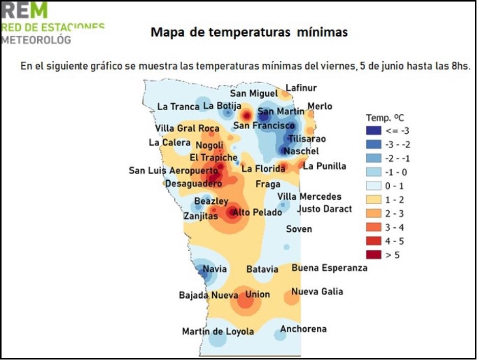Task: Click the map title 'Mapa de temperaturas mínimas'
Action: [x=249, y=33]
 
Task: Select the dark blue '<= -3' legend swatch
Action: [x=373, y=131]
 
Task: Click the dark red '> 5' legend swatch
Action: [x=373, y=255]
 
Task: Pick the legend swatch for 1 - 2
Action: [x=373, y=200]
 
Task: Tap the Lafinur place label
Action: [x=301, y=88]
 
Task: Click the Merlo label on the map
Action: [x=320, y=106]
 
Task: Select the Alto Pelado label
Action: [x=257, y=212]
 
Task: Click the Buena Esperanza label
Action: [x=329, y=268]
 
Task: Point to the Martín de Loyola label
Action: [x=218, y=331]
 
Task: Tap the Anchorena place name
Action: [x=303, y=329]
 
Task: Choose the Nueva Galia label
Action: [x=317, y=292]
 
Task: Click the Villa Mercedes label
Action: [x=309, y=197]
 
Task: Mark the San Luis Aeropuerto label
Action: [x=173, y=171]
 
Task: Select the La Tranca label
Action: [x=178, y=106]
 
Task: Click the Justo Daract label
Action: [x=324, y=208]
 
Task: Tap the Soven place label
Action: [x=298, y=229]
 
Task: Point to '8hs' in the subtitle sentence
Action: [x=460, y=66]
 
